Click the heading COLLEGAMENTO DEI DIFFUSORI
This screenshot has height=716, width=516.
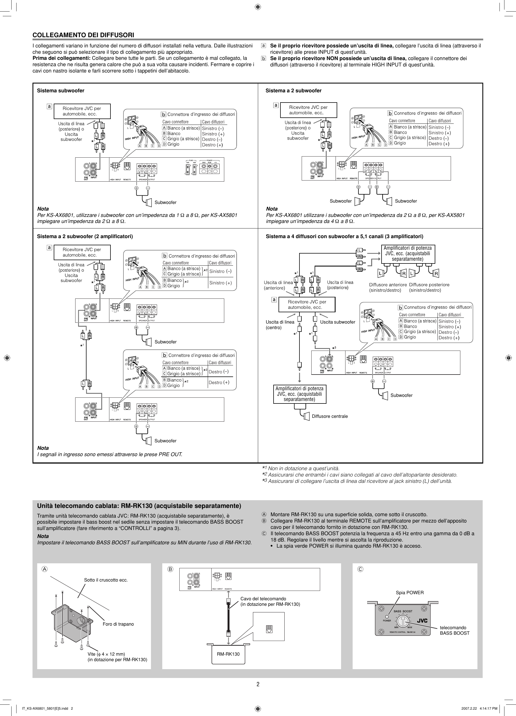click(x=83, y=35)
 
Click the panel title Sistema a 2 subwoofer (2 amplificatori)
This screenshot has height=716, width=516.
click(x=85, y=236)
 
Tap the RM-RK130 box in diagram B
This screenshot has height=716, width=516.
click(x=228, y=654)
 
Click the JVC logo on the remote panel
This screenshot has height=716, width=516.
click(x=422, y=621)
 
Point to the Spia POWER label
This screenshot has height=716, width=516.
click(x=410, y=593)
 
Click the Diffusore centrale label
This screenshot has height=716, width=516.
click(x=329, y=416)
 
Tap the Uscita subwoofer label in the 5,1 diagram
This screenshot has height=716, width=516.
click(x=337, y=322)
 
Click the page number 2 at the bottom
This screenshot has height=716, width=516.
click(x=258, y=684)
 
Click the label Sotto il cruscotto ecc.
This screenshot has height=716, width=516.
click(x=106, y=580)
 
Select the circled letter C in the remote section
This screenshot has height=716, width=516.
click(x=360, y=569)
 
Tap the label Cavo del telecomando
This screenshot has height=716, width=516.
click(x=263, y=599)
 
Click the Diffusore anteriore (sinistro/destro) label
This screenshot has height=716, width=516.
click(x=388, y=287)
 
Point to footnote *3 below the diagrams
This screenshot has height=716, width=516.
click(x=356, y=481)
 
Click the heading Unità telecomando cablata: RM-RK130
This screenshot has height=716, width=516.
click(x=139, y=506)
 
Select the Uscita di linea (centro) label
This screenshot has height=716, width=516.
click(x=280, y=325)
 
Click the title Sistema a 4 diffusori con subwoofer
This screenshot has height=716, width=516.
click(x=344, y=236)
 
